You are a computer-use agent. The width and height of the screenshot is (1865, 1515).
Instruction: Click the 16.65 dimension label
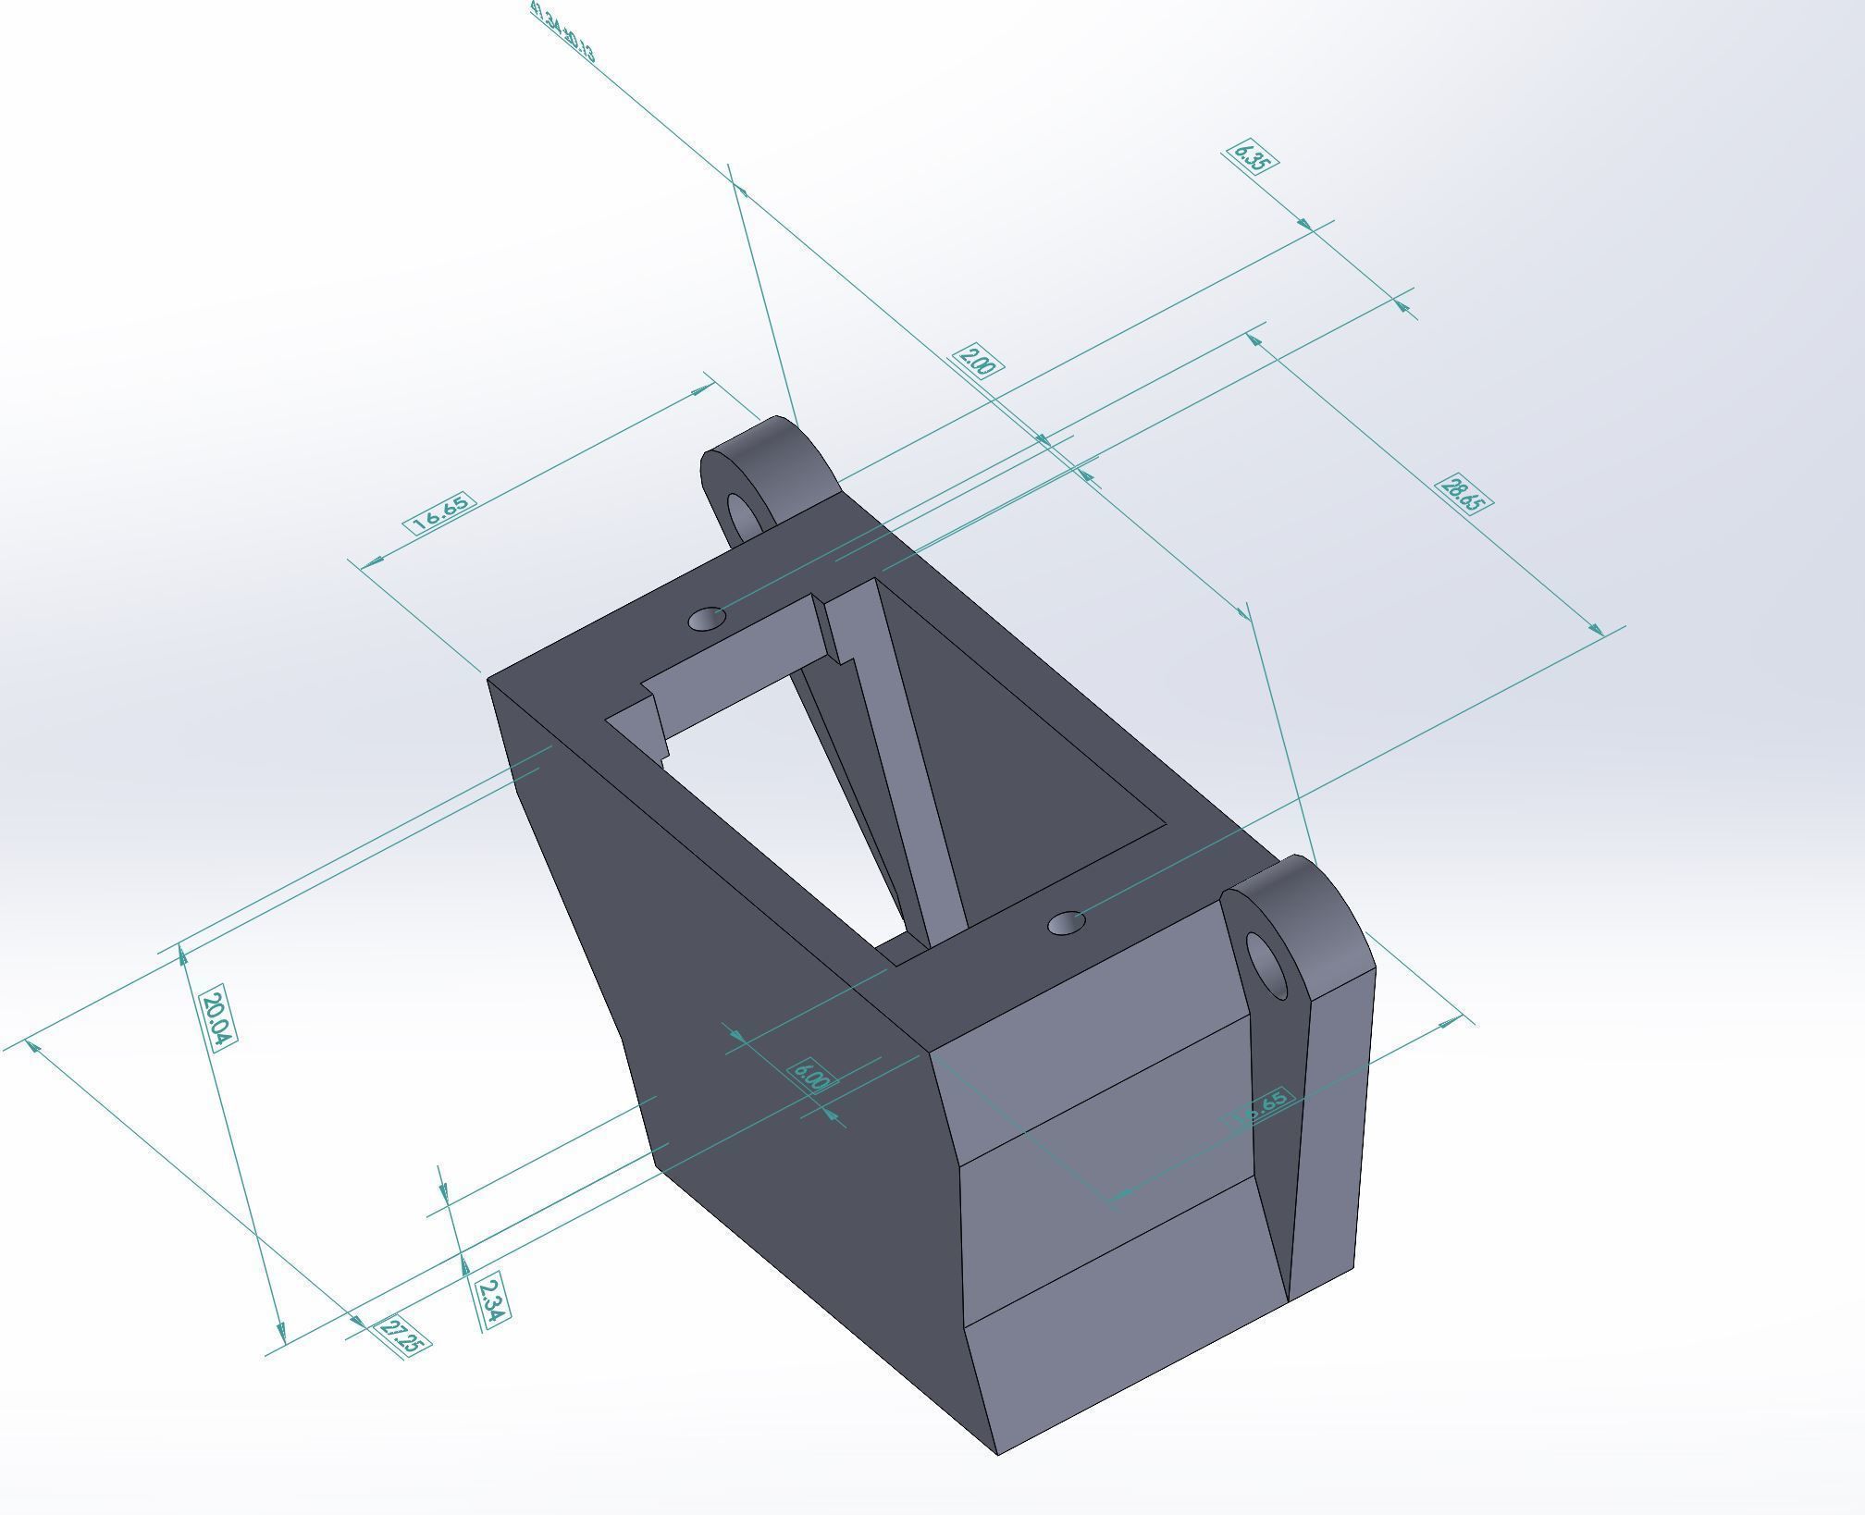tap(441, 512)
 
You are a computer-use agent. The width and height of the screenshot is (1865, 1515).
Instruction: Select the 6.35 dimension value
tap(1252, 157)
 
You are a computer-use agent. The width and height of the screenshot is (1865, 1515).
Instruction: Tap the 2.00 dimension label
tap(977, 361)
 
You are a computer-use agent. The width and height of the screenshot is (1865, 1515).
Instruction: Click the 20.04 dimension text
tap(216, 1018)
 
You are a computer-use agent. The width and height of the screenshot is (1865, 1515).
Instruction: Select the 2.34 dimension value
tap(491, 1301)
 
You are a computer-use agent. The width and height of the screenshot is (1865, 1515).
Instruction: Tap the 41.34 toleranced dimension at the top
tap(562, 32)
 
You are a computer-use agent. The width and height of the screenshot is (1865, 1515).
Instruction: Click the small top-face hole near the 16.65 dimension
tap(707, 618)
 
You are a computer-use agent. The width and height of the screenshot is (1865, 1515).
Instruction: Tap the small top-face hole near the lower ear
tap(1067, 923)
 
